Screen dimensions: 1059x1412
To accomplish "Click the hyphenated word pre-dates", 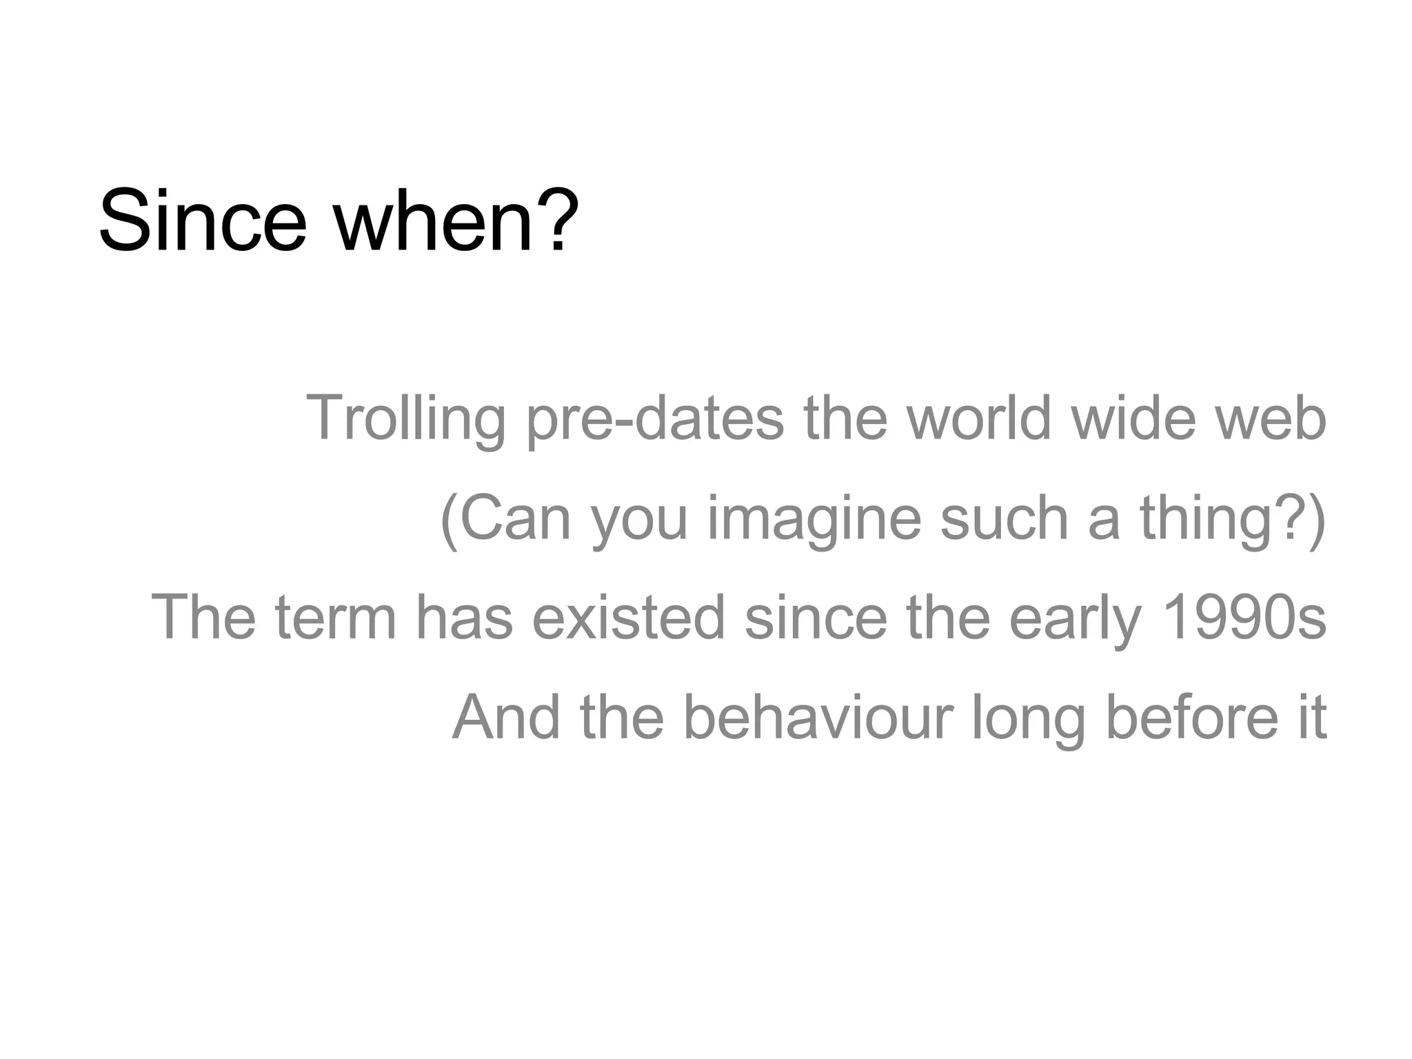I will pyautogui.click(x=655, y=418).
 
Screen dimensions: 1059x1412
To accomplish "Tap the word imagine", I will pyautogui.click(x=814, y=518).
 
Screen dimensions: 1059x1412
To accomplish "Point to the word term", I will pyautogui.click(x=336, y=617).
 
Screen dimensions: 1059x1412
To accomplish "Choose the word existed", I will pyautogui.click(x=628, y=617).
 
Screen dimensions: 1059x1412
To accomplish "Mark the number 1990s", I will pyautogui.click(x=1244, y=617).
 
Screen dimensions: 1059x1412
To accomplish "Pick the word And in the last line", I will pyautogui.click(x=506, y=717).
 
